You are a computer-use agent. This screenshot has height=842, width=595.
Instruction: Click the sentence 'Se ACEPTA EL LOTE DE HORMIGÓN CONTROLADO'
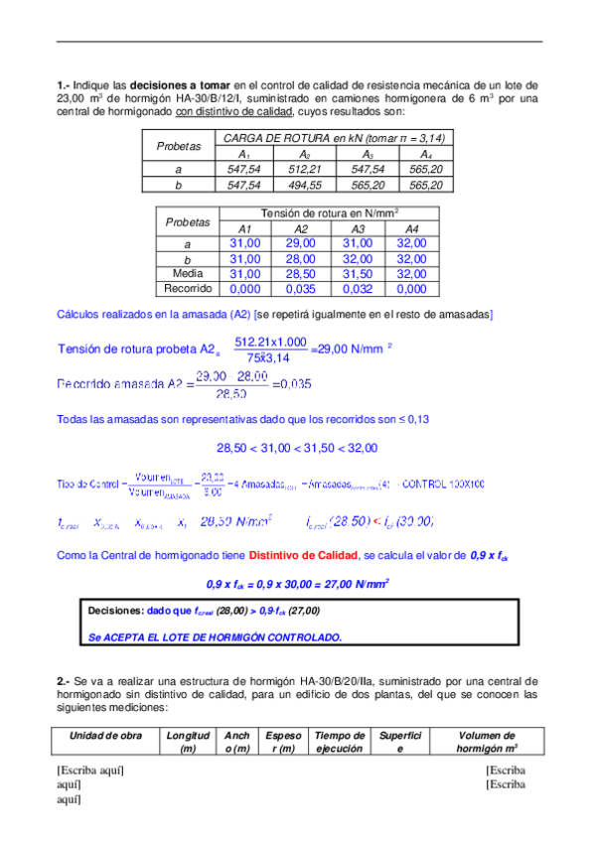215,636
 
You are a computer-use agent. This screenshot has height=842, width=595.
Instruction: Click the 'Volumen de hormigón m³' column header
483,742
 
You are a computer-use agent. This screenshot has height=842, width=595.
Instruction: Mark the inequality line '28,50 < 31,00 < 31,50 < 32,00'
297,448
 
